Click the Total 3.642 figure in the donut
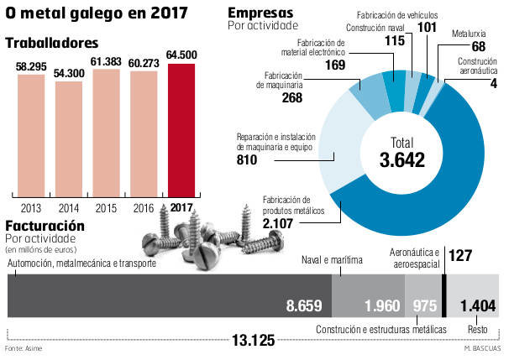tap(396, 152)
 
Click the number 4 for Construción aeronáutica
tap(493, 83)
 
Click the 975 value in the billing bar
tap(423, 304)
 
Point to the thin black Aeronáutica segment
tap(443, 295)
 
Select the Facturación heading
tap(45, 226)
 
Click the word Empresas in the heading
tap(260, 13)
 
